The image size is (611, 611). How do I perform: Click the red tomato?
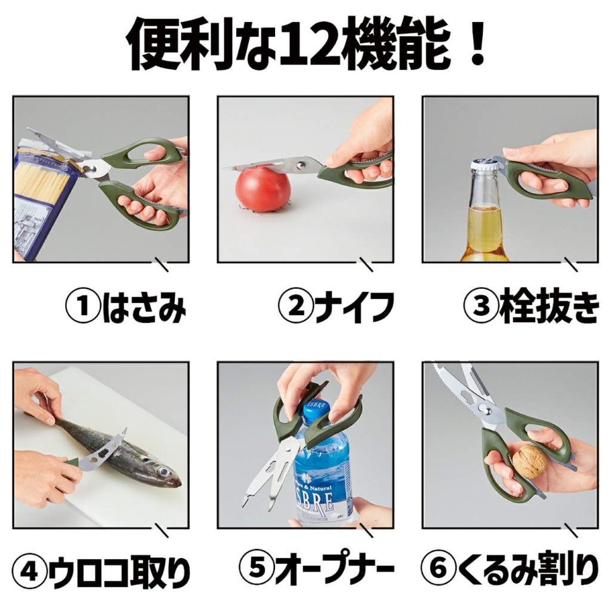(x=263, y=189)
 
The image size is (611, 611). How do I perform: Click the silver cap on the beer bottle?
(x=485, y=163)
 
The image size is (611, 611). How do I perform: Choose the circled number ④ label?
(x=30, y=573)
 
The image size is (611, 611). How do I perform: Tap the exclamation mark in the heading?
(x=476, y=43)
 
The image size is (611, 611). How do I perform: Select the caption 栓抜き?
(x=549, y=307)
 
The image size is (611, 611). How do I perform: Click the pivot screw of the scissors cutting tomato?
(x=300, y=165)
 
